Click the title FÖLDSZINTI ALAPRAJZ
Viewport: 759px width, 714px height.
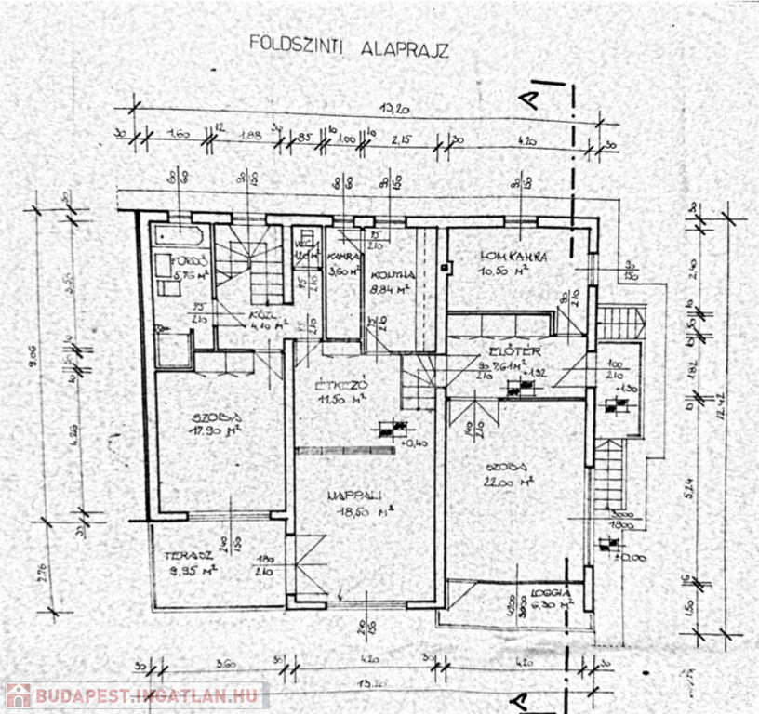coord(348,46)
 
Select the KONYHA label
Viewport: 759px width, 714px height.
coord(391,274)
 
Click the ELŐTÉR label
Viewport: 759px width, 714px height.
coord(511,353)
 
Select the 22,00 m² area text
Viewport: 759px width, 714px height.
coord(513,482)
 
